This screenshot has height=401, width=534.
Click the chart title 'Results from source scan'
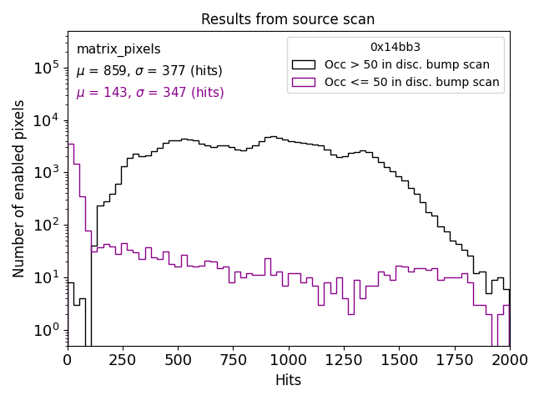pos(288,19)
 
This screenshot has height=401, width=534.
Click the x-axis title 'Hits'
pos(288,380)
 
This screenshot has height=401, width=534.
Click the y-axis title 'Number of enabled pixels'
pos(19,188)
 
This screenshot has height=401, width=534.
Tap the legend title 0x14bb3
pos(395,47)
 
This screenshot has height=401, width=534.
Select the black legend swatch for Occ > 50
pos(304,64)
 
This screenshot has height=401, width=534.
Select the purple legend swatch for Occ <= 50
pos(304,82)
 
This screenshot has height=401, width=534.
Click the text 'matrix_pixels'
pos(118,49)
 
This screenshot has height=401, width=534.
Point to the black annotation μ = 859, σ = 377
pos(149,71)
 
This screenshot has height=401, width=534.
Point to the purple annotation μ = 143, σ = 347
pos(150,93)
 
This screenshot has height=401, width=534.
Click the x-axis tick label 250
pos(123,359)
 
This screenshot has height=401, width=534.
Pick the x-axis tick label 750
pos(233,359)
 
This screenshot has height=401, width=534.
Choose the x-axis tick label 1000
pos(288,359)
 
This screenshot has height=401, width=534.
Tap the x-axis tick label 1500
pos(399,359)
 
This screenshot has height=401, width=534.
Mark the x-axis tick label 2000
pos(509,359)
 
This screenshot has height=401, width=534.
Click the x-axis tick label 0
pos(68,359)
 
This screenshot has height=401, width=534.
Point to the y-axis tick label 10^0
pos(46,330)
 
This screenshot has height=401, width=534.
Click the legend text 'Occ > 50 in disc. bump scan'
pos(407,64)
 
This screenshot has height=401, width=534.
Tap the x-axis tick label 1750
pos(454,359)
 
